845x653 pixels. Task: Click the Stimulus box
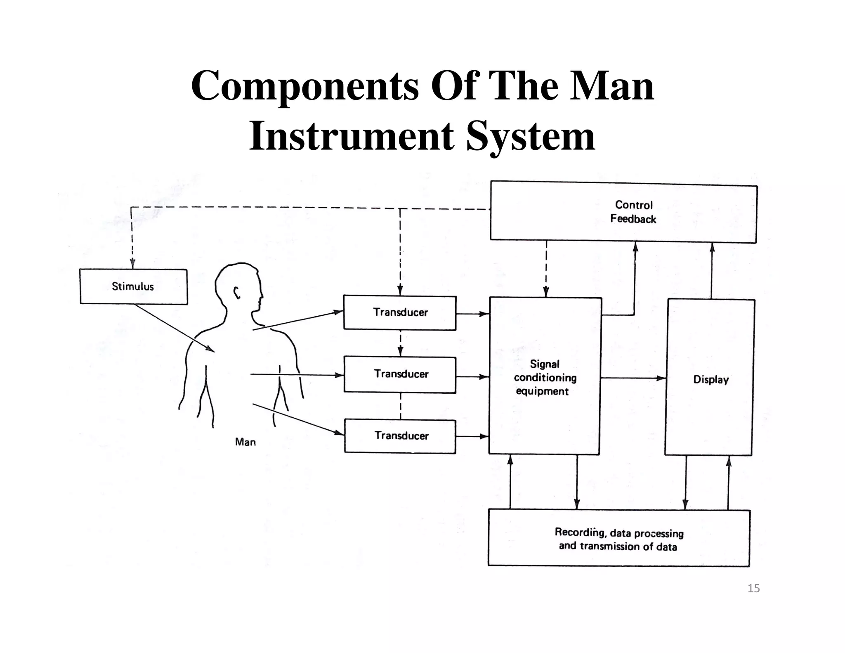coord(133,286)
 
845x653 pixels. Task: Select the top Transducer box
coord(400,312)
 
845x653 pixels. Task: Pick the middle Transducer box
coord(400,374)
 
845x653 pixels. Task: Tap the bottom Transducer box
coord(400,436)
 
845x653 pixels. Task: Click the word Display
coord(710,379)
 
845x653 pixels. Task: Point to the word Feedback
coord(633,219)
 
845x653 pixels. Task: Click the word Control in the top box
coord(634,205)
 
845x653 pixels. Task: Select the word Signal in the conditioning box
coord(545,364)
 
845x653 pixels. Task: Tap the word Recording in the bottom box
coord(579,532)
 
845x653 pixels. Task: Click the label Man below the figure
coord(245,442)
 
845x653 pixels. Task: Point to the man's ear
coord(237,292)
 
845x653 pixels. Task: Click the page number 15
coord(753,588)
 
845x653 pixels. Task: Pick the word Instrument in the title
coord(351,136)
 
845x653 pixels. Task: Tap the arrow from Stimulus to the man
coord(173,328)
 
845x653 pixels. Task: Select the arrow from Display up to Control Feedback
coord(712,270)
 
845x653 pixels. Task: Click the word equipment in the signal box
coord(542,391)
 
